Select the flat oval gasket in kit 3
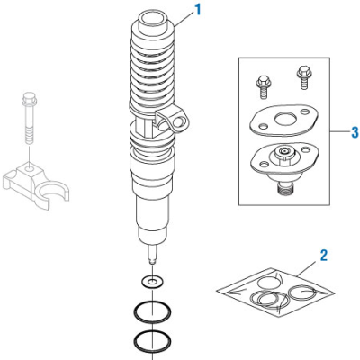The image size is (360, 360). tap(283, 117)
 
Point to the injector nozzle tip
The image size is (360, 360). tap(155, 260)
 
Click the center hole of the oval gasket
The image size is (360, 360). tap(284, 116)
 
